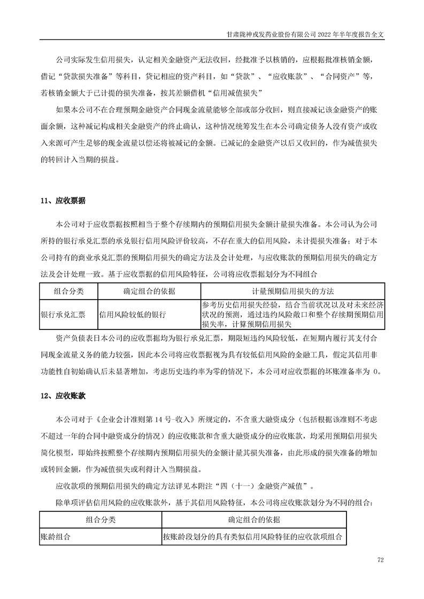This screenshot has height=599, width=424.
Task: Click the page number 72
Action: [381, 560]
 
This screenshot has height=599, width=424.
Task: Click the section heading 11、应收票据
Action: [63, 201]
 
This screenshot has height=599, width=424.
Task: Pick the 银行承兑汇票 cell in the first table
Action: [63, 314]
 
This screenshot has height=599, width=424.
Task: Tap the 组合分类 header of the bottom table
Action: [101, 519]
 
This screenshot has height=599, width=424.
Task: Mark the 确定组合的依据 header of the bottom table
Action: [254, 519]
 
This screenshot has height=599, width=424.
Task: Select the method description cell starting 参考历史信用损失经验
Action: [292, 314]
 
